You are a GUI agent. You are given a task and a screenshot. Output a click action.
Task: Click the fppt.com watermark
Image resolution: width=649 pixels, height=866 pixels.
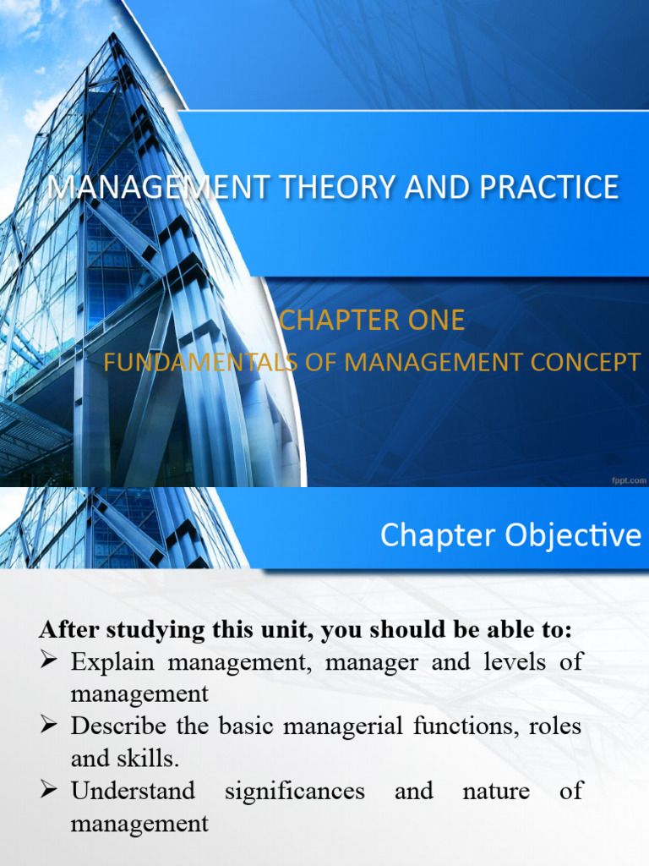(629, 480)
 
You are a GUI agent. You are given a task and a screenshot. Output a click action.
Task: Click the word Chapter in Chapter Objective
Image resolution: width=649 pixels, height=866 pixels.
(439, 535)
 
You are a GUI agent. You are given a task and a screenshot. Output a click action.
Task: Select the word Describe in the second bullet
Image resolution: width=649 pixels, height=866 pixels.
(120, 726)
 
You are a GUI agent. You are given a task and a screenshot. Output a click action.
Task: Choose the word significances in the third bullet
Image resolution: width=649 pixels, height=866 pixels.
(295, 791)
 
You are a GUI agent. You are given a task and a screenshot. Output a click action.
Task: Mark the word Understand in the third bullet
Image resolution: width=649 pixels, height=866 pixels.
(133, 791)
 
